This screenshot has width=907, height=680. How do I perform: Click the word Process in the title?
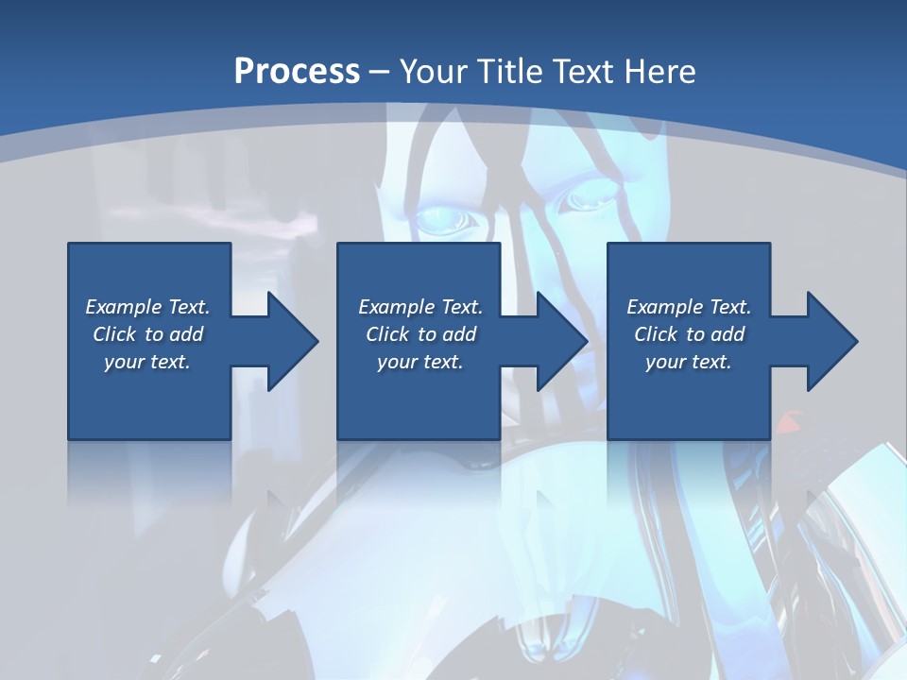point(297,71)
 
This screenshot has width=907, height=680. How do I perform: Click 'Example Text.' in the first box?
point(147,307)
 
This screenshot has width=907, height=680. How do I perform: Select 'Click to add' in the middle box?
point(420,334)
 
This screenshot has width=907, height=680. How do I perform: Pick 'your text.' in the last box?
point(689,362)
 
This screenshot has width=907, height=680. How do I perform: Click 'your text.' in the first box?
point(147,362)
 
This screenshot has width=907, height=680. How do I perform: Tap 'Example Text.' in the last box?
point(689,307)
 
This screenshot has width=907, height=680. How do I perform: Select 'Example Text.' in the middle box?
point(420,307)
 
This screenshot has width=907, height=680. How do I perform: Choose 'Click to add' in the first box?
point(147,334)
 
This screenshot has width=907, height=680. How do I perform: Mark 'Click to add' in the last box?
point(689,334)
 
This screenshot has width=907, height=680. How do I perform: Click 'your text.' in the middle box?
point(420,362)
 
